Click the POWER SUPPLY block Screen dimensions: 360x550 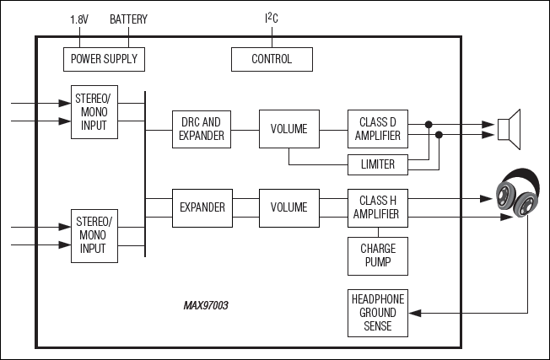click(104, 59)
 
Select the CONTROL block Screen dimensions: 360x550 click(272, 59)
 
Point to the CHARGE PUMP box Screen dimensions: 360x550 click(377, 255)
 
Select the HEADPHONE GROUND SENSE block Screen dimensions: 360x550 click(377, 313)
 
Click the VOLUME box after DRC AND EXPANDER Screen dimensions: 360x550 click(288, 129)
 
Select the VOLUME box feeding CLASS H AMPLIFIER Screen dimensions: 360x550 click(288, 207)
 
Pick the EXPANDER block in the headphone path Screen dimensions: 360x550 click(202, 207)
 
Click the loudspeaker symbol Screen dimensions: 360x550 click(509, 128)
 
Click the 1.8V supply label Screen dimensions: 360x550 click(78, 19)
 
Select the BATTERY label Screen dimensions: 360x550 click(128, 19)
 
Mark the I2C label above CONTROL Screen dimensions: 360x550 click(272, 18)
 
